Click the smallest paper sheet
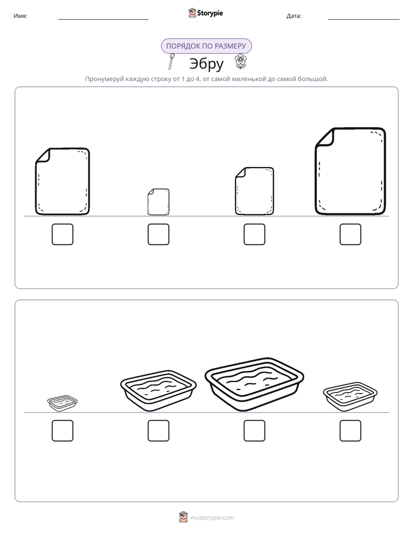[158, 202]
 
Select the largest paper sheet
[351, 171]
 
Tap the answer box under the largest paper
[351, 234]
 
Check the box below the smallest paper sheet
[158, 234]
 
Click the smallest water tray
[62, 403]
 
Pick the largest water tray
[254, 384]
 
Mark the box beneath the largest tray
[254, 431]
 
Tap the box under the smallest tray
[62, 431]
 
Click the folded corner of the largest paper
[325, 138]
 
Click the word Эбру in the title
[207, 64]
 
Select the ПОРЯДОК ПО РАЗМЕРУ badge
[206, 46]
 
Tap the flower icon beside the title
[241, 61]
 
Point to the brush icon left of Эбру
[171, 61]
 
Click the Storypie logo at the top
[205, 13]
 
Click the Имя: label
[20, 16]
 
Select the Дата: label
[294, 16]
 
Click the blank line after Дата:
[364, 19]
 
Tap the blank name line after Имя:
[103, 19]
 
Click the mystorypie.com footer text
[212, 518]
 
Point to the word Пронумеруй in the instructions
[104, 79]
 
